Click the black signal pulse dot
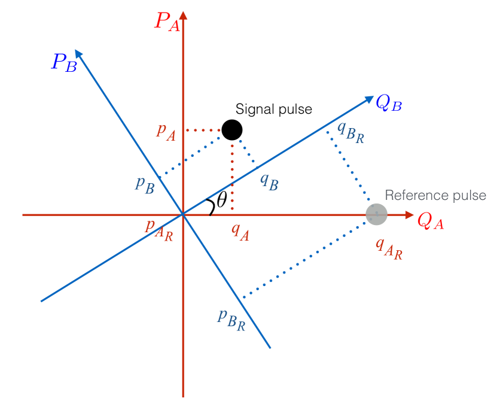pyautogui.click(x=232, y=129)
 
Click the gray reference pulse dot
pyautogui.click(x=377, y=214)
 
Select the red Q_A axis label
pyautogui.click(x=430, y=222)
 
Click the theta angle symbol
pyautogui.click(x=221, y=201)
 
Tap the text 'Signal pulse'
pyautogui.click(x=274, y=110)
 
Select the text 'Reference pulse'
pyautogui.click(x=435, y=196)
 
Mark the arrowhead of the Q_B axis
pyautogui.click(x=369, y=100)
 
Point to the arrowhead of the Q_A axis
pyautogui.click(x=409, y=214)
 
